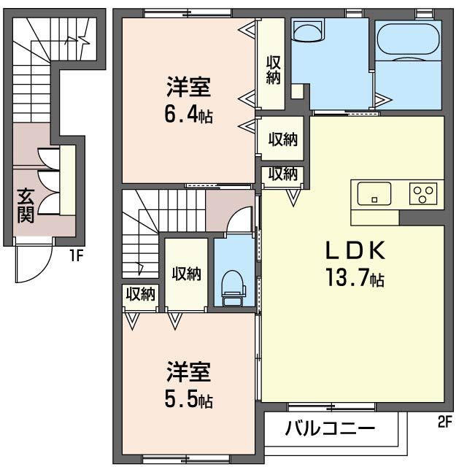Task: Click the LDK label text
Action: [355, 250]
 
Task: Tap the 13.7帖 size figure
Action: [355, 277]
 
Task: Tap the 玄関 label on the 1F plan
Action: [26, 206]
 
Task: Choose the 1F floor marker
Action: [76, 255]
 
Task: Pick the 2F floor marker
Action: [445, 422]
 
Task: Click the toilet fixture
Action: [233, 288]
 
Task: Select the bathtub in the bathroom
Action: [408, 39]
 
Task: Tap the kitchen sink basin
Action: [374, 193]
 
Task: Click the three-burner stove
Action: [423, 193]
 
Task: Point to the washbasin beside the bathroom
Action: [308, 31]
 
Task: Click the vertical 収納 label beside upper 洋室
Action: [274, 70]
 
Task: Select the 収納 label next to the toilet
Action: [187, 274]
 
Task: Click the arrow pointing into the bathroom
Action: [383, 100]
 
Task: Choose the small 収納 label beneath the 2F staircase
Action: [141, 294]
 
